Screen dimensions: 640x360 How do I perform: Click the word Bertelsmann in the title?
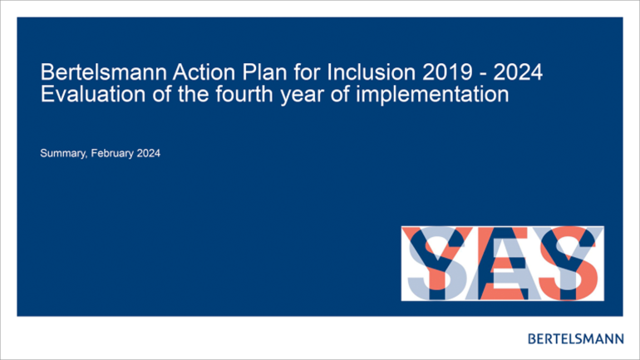tap(104, 72)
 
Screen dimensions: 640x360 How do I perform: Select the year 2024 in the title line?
tap(518, 72)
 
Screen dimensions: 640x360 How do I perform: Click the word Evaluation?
tap(93, 94)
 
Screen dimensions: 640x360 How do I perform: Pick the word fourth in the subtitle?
tap(244, 94)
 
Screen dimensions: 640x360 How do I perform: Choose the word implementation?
tap(432, 95)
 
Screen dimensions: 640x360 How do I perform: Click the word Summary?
tap(63, 154)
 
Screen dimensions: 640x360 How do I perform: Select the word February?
tap(112, 154)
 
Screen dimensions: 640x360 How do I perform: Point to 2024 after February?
tap(149, 153)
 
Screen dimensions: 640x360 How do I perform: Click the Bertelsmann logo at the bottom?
tap(575, 338)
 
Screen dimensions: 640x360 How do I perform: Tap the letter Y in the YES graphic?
tap(436, 264)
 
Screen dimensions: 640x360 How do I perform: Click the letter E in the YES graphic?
tap(504, 264)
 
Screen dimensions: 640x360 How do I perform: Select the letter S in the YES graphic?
tap(569, 264)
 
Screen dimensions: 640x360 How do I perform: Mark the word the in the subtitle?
tap(194, 94)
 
